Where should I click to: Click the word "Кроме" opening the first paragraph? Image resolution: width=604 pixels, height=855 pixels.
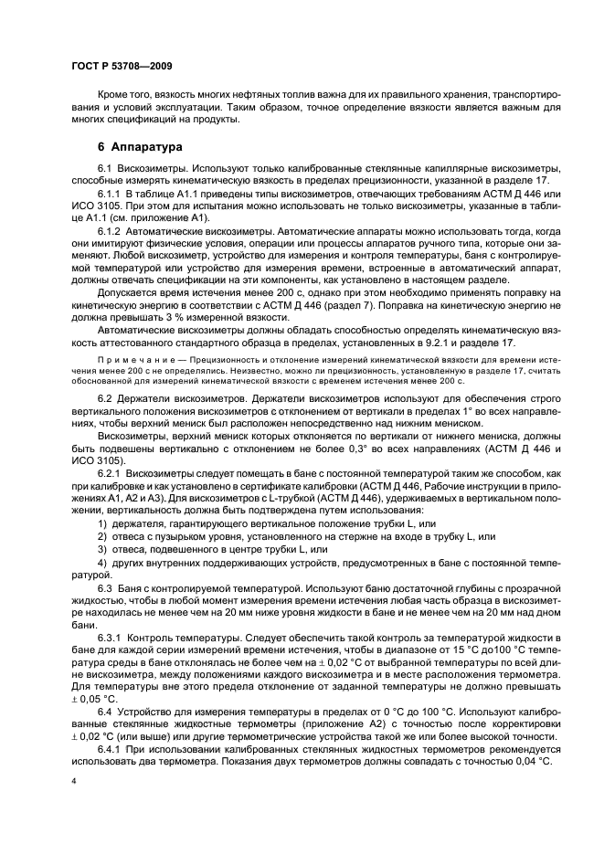[x=114, y=95]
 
